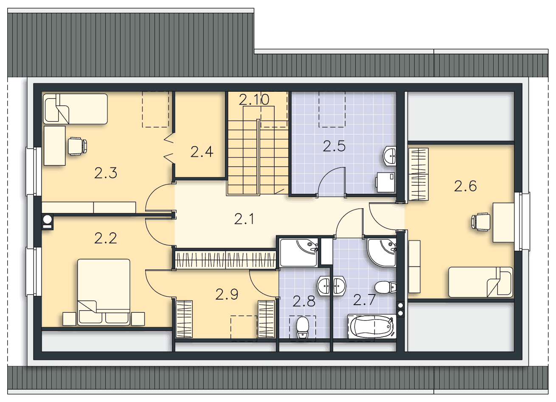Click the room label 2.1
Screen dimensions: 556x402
pyautogui.click(x=244, y=219)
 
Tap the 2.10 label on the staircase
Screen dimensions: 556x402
pyautogui.click(x=254, y=99)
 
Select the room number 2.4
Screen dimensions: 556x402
pyautogui.click(x=202, y=152)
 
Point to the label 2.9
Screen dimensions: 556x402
pyautogui.click(x=227, y=294)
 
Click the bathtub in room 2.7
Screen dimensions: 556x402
pyautogui.click(x=371, y=326)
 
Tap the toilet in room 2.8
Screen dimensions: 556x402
pyautogui.click(x=303, y=328)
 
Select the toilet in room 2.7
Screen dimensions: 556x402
pyautogui.click(x=385, y=287)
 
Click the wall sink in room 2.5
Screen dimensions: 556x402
pyautogui.click(x=390, y=156)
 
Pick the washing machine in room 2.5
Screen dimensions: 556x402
pyautogui.click(x=385, y=183)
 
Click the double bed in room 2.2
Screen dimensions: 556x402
pyautogui.click(x=104, y=292)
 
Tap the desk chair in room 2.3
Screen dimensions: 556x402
pyautogui.click(x=77, y=146)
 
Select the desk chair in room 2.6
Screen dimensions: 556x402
pyautogui.click(x=481, y=222)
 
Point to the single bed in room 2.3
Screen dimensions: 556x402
pyautogui.click(x=76, y=109)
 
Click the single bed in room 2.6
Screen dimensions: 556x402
pyautogui.click(x=480, y=282)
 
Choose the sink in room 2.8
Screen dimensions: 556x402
pyautogui.click(x=323, y=286)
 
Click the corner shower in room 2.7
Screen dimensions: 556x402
pyautogui.click(x=382, y=253)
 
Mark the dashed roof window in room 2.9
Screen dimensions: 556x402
pyautogui.click(x=244, y=327)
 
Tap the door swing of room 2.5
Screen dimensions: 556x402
pyautogui.click(x=331, y=181)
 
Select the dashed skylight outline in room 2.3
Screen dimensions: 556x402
pyautogui.click(x=155, y=110)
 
